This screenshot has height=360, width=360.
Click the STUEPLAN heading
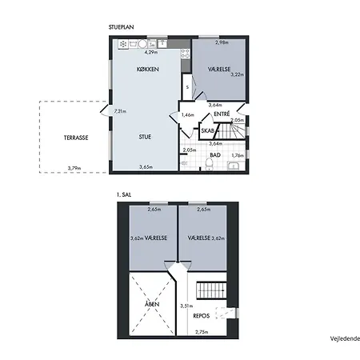121,27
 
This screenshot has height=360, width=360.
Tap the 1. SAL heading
124,194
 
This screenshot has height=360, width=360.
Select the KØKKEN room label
147,69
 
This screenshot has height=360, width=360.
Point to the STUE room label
145,137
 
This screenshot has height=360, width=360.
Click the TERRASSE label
76,138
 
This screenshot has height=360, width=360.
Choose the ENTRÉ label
222,114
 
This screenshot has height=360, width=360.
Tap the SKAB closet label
208,130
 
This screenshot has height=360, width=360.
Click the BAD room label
215,155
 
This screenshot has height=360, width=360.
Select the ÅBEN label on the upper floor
152,304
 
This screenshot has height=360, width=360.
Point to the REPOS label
201,316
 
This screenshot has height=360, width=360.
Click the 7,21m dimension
120,111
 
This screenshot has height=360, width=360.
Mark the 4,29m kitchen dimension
151,52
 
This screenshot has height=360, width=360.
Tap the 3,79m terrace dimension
74,168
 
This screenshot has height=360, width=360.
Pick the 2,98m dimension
222,42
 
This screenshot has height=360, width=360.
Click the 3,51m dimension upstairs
186,306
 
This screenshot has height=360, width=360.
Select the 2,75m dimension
202,332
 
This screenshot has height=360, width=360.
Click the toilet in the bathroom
210,164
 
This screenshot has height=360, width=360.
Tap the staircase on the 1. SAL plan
211,290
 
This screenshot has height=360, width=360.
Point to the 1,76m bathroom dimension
238,155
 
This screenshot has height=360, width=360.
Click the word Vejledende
345,338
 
